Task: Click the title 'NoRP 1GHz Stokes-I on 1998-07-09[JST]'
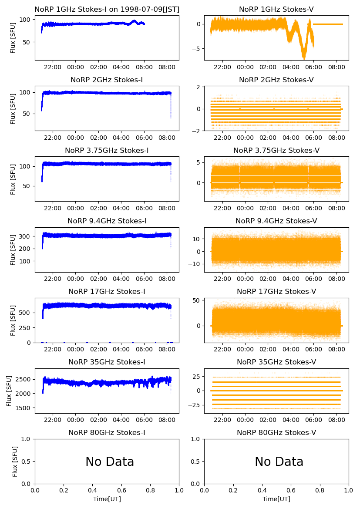[107, 9]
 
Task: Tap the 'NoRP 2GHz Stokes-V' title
[276, 80]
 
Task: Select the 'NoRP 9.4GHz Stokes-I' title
[107, 221]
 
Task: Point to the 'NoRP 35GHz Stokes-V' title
[276, 362]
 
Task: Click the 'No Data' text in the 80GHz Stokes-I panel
[110, 462]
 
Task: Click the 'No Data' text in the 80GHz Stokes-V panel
[279, 462]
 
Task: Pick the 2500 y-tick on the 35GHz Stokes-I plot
[24, 379]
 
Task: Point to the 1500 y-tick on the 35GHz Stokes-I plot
[24, 408]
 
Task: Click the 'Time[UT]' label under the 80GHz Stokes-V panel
[276, 499]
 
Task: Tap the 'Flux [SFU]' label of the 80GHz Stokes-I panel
[15, 461]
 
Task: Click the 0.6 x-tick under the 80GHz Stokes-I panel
[121, 491]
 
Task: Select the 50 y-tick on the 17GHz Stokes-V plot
[196, 300]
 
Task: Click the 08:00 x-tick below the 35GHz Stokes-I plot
[167, 420]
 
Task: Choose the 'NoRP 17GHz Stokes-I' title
[107, 291]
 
